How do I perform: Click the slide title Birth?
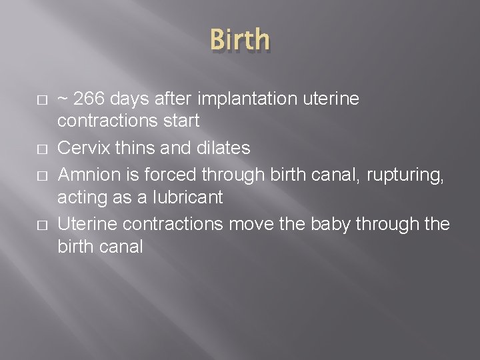(x=240, y=40)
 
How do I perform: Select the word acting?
(x=78, y=198)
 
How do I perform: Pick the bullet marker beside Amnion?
(x=41, y=174)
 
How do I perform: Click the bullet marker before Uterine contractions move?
(x=41, y=223)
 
